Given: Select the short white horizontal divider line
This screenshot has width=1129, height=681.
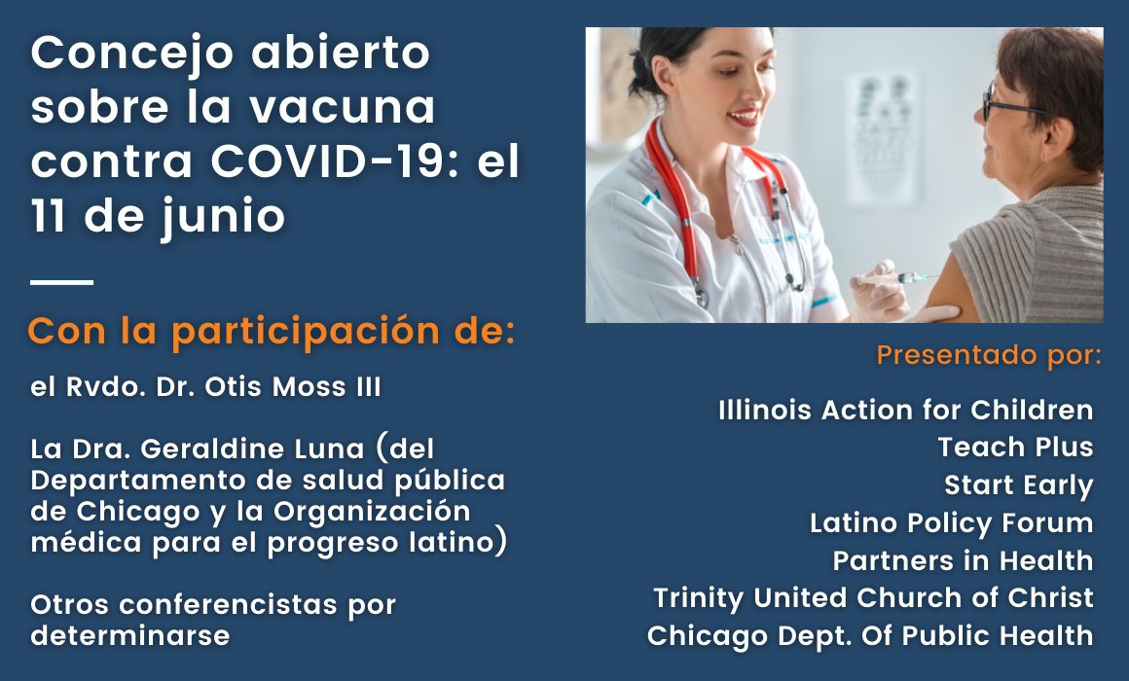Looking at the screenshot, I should pos(61,283).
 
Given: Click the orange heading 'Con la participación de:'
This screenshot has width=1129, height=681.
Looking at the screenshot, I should pos(271,332).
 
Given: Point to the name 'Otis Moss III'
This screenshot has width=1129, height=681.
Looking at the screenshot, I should pos(301,387).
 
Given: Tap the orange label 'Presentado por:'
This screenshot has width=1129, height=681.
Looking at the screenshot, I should pos(989,354).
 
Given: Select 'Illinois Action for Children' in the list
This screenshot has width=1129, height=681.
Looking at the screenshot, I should pos(905,411).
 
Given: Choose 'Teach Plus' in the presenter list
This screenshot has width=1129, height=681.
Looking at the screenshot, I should pos(1015,448).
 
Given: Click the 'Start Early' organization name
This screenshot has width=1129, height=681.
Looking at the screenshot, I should pos(1018,484).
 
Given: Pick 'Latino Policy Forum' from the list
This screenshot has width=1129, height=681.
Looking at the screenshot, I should pos(951,522).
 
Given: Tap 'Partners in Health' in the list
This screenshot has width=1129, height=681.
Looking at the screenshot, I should pos(963,560).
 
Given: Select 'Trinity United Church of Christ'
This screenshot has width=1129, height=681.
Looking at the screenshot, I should pos(873,597).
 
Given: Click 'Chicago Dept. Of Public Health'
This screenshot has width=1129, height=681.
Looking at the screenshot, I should pos(870,635).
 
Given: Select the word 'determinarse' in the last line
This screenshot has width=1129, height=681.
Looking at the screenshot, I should pos(130,636).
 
